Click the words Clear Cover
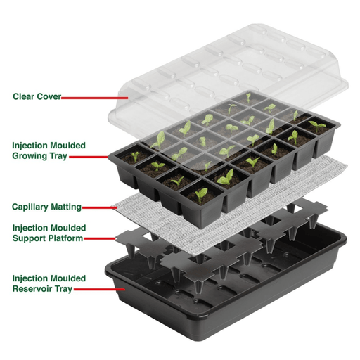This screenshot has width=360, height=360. click(x=37, y=96)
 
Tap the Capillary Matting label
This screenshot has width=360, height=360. click(x=46, y=207)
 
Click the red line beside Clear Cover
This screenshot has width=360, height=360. click(x=91, y=97)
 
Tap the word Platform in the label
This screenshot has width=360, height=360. click(x=67, y=238)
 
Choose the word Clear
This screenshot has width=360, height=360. click(x=23, y=96)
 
